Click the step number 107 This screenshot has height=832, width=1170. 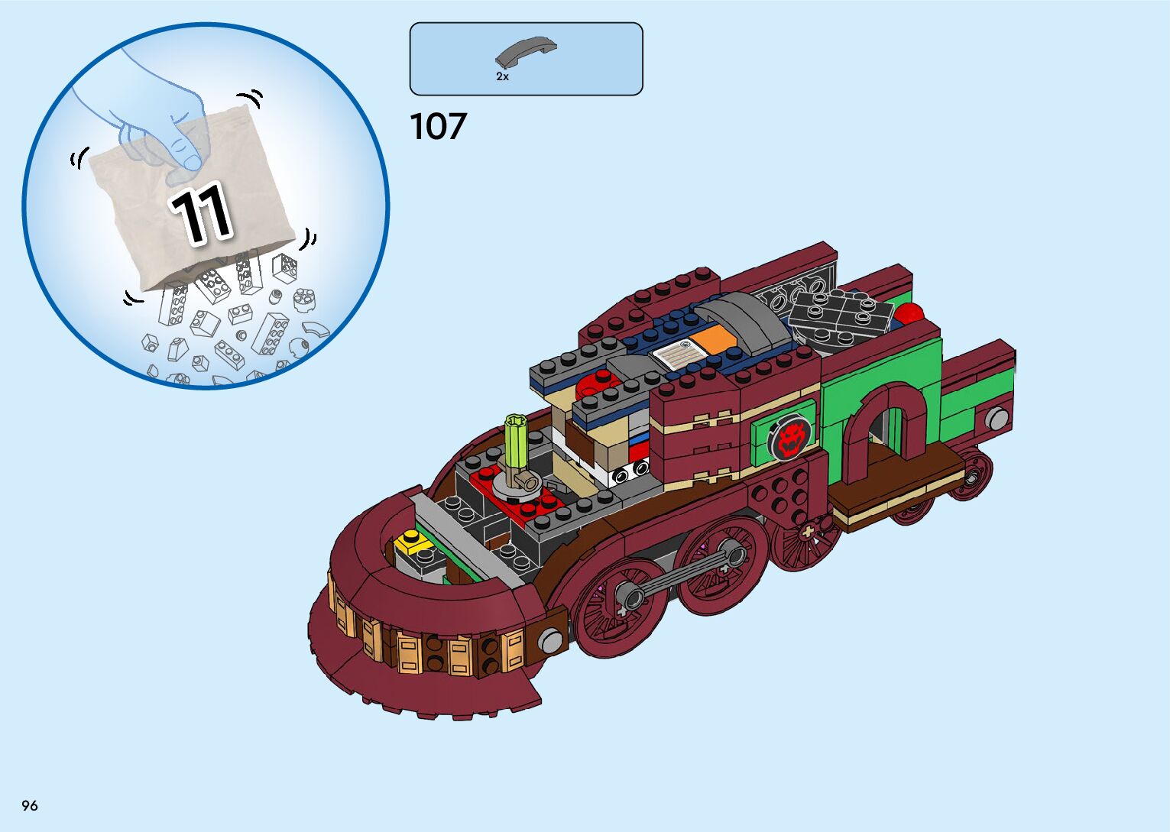pyautogui.click(x=438, y=127)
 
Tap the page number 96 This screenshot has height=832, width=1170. pyautogui.click(x=30, y=805)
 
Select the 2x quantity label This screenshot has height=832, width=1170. pyautogui.click(x=502, y=76)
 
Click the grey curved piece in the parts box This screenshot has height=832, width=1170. pyautogui.click(x=525, y=52)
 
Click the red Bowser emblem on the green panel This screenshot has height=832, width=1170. pyautogui.click(x=788, y=439)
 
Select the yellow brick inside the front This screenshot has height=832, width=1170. pyautogui.click(x=412, y=542)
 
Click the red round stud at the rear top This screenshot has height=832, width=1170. pyautogui.click(x=909, y=314)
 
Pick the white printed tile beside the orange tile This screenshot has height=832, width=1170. pyautogui.click(x=676, y=354)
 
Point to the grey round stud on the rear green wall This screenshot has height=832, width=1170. pyautogui.click(x=996, y=419)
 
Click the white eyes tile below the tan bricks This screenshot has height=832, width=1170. pyautogui.click(x=630, y=472)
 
